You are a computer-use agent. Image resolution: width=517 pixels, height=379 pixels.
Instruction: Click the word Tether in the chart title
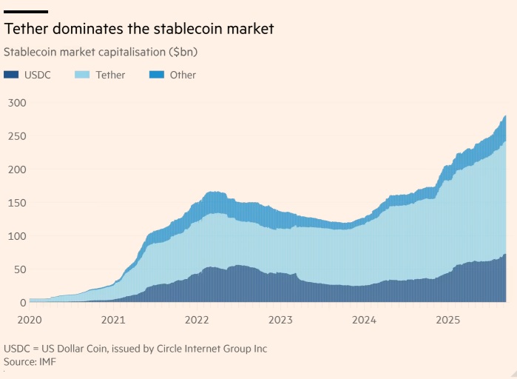coord(26,29)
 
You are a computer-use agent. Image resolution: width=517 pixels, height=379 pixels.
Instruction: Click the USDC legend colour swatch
coord(11,75)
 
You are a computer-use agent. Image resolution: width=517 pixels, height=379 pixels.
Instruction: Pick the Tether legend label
coord(110,75)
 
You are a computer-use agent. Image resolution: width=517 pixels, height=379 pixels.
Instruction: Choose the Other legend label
coord(183,75)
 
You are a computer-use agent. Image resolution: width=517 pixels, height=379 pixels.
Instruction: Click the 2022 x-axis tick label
coord(197,320)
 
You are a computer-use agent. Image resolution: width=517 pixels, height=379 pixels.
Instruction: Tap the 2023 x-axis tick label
coord(281,320)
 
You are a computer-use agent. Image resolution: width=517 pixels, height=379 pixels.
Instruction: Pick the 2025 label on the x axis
coord(448,320)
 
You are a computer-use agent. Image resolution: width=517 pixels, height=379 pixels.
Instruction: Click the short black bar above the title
coord(26,12)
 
